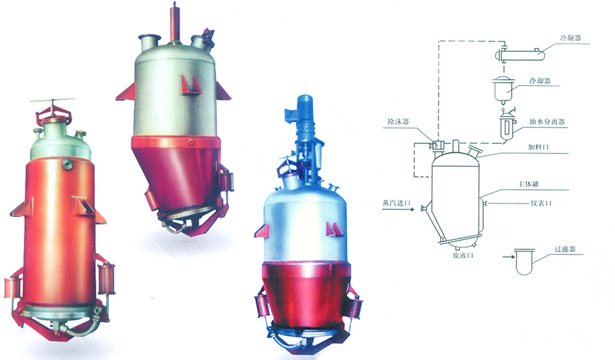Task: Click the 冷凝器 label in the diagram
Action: click(x=571, y=38)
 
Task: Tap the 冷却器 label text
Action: click(x=540, y=81)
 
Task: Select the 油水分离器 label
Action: click(x=547, y=122)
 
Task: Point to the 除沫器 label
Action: click(x=398, y=122)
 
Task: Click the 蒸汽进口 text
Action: click(x=396, y=203)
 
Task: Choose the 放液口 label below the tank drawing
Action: click(x=463, y=255)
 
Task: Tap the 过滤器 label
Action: click(x=565, y=249)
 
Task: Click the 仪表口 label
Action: click(x=541, y=203)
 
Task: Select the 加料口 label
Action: click(x=538, y=147)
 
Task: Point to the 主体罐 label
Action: click(x=529, y=184)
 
